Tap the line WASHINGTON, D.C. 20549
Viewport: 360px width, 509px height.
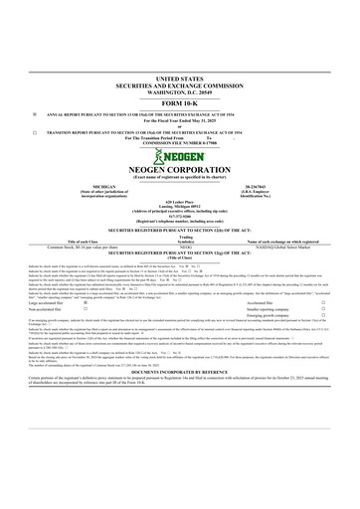179,90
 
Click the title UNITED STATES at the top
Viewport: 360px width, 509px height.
179,77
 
